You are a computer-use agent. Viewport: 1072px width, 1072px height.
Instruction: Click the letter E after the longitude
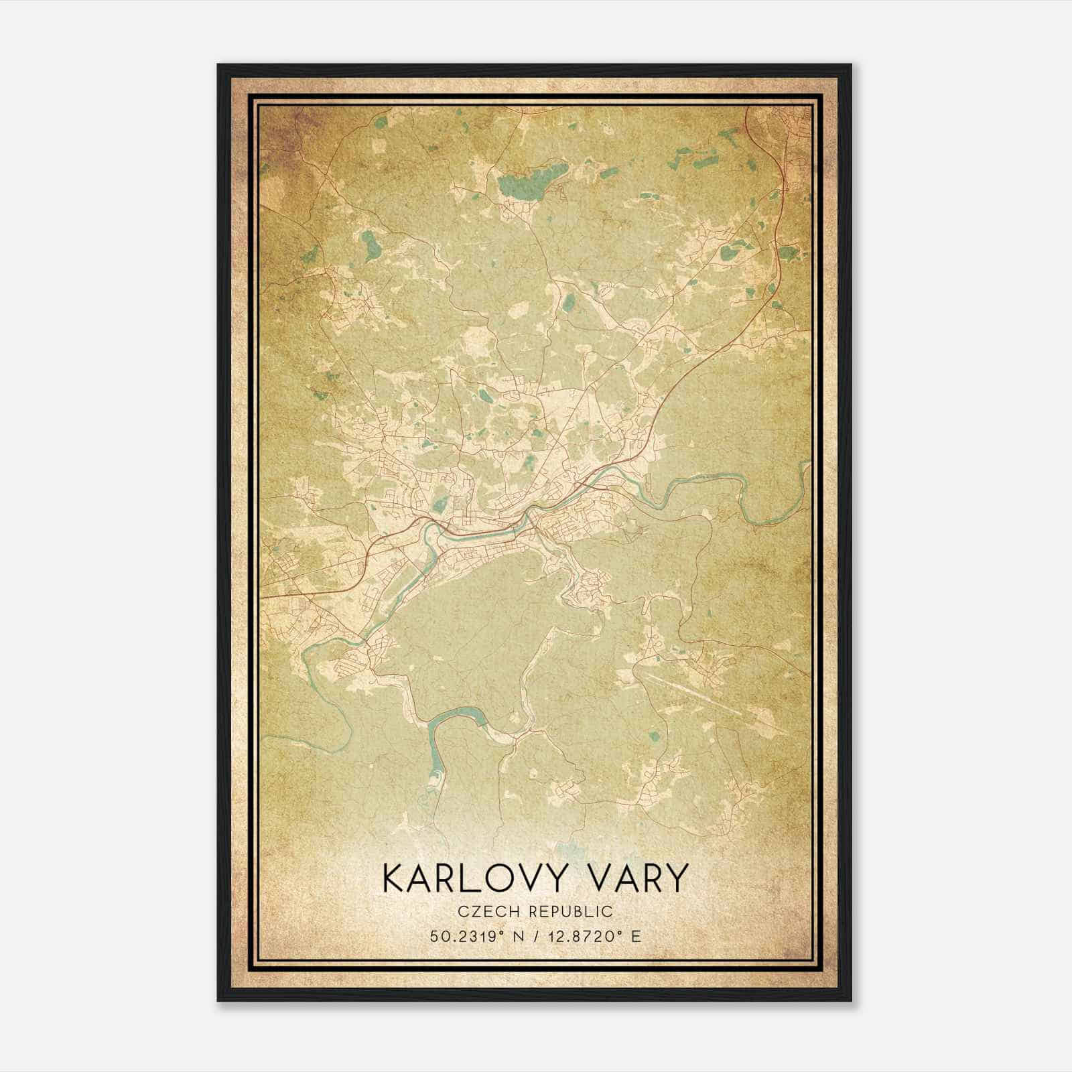(x=636, y=936)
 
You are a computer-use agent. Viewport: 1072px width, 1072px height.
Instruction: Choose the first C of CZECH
(x=464, y=911)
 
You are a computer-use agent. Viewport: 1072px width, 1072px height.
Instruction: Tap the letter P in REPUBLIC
(x=552, y=911)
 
